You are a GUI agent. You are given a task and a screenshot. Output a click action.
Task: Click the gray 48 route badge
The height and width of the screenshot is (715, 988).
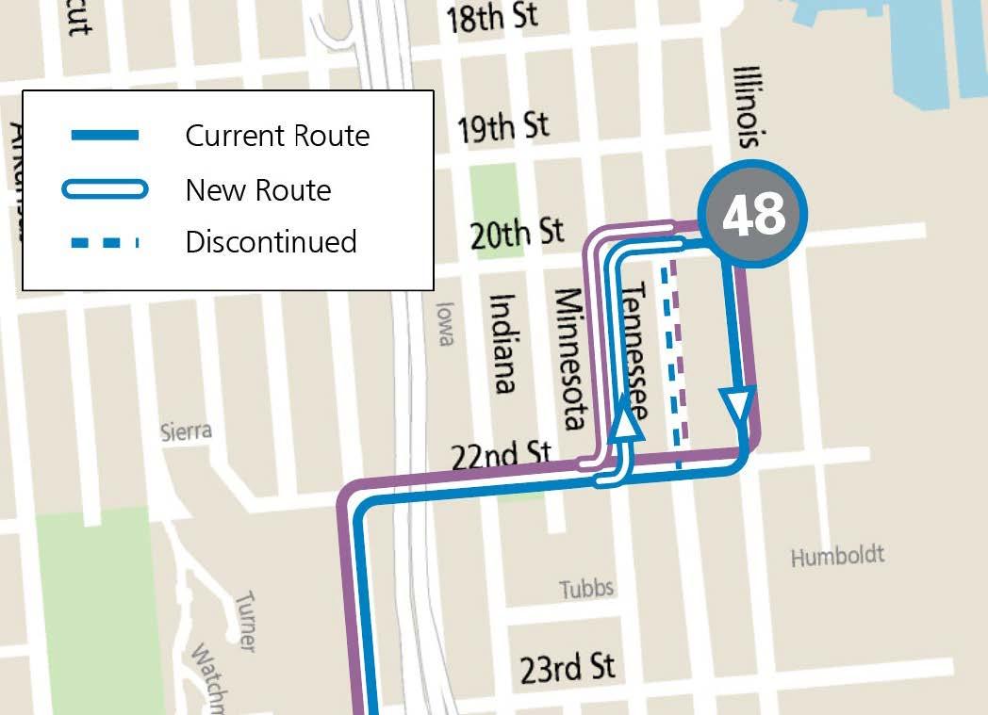pyautogui.click(x=752, y=215)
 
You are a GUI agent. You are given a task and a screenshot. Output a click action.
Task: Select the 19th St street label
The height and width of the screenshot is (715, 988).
pyautogui.click(x=502, y=127)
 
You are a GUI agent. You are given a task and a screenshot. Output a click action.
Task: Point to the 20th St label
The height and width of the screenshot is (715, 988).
pyautogui.click(x=517, y=233)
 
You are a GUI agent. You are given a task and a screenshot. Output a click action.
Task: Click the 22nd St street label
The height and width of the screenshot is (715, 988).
pyautogui.click(x=500, y=457)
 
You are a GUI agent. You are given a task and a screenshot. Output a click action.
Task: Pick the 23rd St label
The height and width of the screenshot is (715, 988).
pyautogui.click(x=568, y=668)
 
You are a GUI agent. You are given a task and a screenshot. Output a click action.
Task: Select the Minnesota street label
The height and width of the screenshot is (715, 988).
pyautogui.click(x=572, y=359)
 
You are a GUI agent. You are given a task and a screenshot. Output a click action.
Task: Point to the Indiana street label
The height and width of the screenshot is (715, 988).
pyautogui.click(x=503, y=343)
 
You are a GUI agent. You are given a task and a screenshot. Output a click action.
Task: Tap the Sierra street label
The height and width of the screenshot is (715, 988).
pyautogui.click(x=186, y=432)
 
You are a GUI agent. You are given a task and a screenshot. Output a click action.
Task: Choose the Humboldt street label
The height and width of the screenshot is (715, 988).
pyautogui.click(x=837, y=556)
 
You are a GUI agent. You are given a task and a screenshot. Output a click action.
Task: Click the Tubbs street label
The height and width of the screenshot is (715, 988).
pyautogui.click(x=586, y=590)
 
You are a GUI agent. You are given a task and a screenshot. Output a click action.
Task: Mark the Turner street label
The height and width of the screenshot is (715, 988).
pyautogui.click(x=245, y=621)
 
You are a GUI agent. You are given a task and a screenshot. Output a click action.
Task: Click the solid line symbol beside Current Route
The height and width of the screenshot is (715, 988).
pyautogui.click(x=105, y=136)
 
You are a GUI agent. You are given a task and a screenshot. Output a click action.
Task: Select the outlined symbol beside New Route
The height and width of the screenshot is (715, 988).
pyautogui.click(x=105, y=190)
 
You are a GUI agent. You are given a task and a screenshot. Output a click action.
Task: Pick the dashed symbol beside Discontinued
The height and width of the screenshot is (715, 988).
pyautogui.click(x=105, y=243)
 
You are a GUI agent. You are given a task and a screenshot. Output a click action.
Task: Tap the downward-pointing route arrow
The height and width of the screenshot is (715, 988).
pyautogui.click(x=737, y=406)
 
